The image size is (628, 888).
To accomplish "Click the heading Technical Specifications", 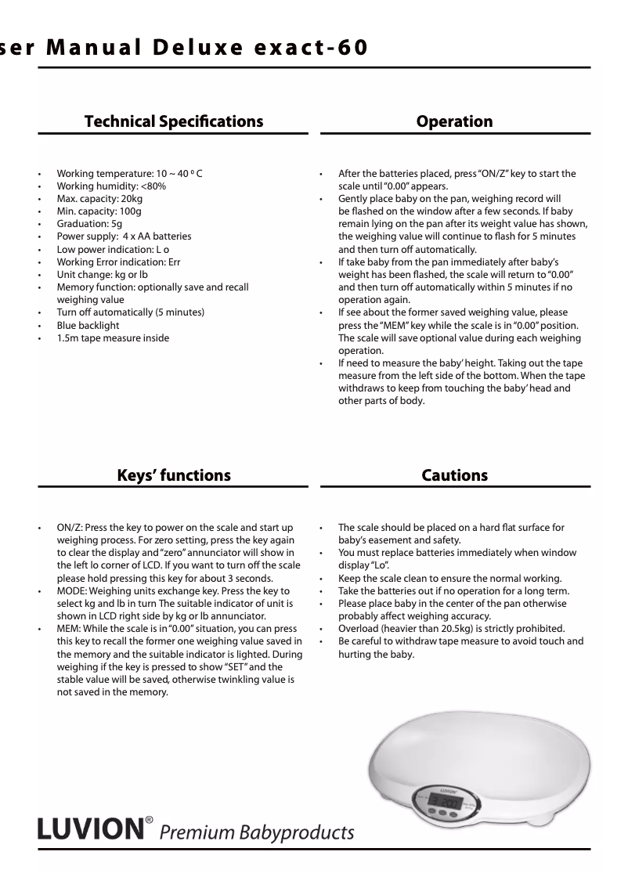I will [173, 121].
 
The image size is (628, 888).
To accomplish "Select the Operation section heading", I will [454, 121].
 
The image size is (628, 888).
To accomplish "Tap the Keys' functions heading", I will [173, 475].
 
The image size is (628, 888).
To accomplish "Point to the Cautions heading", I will [454, 475].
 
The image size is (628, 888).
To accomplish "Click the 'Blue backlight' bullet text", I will [88, 325].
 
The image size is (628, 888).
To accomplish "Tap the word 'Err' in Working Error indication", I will [173, 262].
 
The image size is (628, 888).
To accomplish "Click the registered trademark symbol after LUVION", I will [147, 821].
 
